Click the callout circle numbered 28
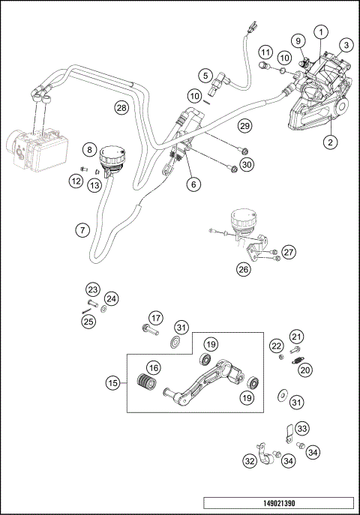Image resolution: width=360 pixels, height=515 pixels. [x=121, y=108]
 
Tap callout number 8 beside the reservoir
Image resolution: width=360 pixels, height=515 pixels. [x=89, y=151]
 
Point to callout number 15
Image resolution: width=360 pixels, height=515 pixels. [x=112, y=383]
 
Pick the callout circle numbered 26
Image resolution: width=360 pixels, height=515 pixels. [x=243, y=268]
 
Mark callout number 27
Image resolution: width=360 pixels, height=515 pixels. [x=289, y=252]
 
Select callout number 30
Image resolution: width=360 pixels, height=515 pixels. [x=247, y=164]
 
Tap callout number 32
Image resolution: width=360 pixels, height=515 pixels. [x=249, y=462]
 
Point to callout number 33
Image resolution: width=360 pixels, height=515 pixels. [x=301, y=429]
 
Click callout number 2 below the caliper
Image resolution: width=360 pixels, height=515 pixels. [x=328, y=140]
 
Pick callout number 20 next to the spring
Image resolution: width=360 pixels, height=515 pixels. [x=304, y=370]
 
